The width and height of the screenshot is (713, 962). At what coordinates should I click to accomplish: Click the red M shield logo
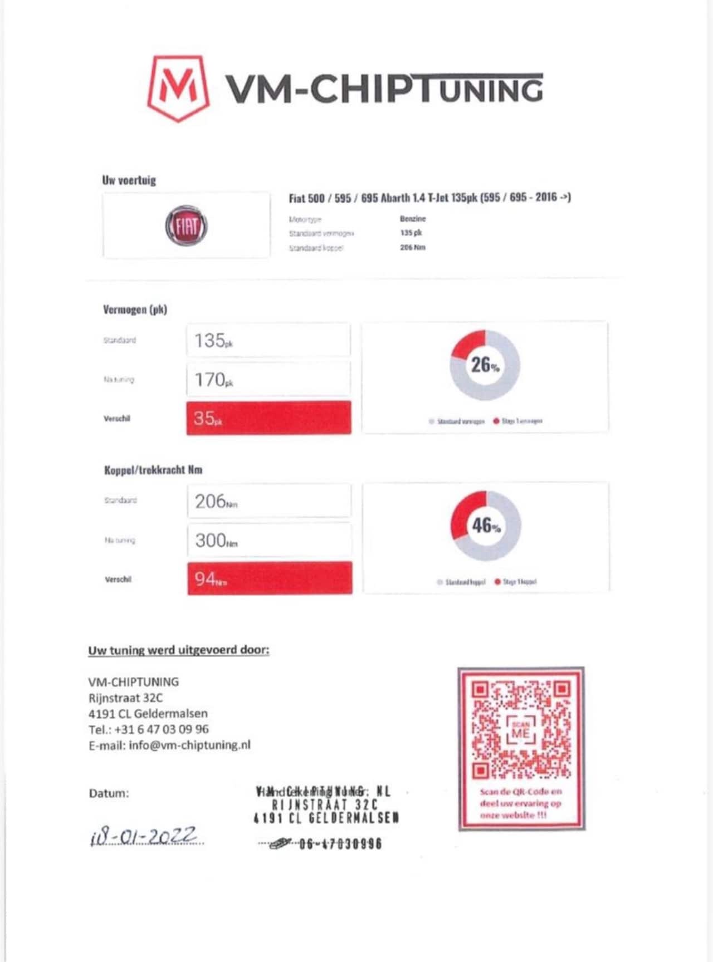[178, 87]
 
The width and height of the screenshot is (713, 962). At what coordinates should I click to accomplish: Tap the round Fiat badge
[186, 226]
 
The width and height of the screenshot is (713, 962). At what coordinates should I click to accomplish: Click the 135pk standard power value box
[268, 340]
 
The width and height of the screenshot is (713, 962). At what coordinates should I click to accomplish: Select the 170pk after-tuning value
[268, 379]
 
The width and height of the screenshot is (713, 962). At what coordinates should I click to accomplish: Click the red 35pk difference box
[268, 418]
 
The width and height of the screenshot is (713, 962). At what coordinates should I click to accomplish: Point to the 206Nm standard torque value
[269, 501]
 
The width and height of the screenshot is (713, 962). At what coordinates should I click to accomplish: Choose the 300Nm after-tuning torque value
[269, 540]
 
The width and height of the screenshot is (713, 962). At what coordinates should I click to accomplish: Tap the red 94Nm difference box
[270, 578]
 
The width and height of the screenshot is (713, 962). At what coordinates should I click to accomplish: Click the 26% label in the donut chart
[485, 365]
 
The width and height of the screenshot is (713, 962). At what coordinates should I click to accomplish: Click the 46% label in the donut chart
[486, 526]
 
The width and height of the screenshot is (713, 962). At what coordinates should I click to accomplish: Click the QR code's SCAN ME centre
[521, 730]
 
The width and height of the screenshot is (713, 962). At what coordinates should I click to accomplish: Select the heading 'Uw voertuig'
[129, 180]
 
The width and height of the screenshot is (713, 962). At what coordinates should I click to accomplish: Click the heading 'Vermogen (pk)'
[135, 310]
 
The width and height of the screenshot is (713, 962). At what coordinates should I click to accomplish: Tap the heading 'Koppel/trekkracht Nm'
[153, 470]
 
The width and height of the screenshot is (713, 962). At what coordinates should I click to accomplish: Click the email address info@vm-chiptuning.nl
[189, 745]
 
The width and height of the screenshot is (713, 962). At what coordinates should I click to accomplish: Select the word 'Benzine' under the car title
[413, 219]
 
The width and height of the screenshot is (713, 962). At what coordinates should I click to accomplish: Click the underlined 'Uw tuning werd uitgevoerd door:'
[179, 650]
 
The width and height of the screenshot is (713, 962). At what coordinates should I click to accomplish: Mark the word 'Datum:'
[109, 793]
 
